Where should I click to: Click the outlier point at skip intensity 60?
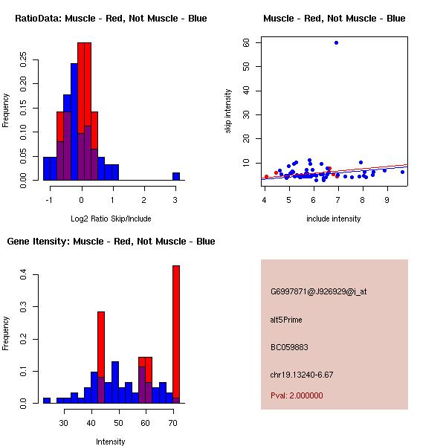[336, 42]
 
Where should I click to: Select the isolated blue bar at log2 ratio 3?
[176, 176]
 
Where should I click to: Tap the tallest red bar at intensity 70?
[176, 334]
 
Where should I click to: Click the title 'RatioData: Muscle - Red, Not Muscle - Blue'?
[111, 18]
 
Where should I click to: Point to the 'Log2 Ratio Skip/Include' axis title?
[111, 218]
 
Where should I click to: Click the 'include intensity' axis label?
[334, 219]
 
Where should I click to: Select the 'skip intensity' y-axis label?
[229, 111]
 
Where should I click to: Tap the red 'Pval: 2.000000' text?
[297, 395]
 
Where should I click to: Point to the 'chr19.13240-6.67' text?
[301, 375]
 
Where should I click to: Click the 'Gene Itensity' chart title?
[111, 241]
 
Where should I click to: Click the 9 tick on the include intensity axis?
[387, 199]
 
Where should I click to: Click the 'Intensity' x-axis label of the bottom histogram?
[111, 442]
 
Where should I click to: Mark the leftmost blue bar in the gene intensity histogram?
[46, 400]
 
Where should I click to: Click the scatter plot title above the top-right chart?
[334, 18]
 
